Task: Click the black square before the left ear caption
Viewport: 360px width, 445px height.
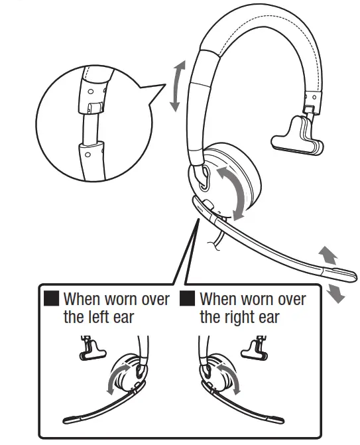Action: pos(52,299)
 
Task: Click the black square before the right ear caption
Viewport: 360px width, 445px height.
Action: pos(188,299)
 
